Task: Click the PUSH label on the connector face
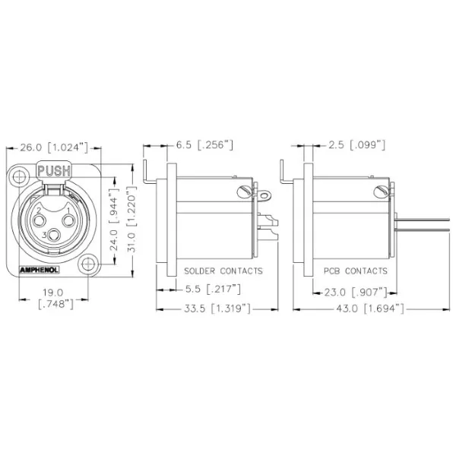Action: pos(53,171)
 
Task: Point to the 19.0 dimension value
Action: pos(55,292)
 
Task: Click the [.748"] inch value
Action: pos(55,304)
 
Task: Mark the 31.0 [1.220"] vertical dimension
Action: pos(132,220)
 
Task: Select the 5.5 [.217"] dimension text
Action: pos(214,290)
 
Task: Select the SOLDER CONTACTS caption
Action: pos(223,271)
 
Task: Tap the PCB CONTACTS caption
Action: pos(355,271)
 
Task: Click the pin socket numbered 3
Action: pos(53,235)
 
